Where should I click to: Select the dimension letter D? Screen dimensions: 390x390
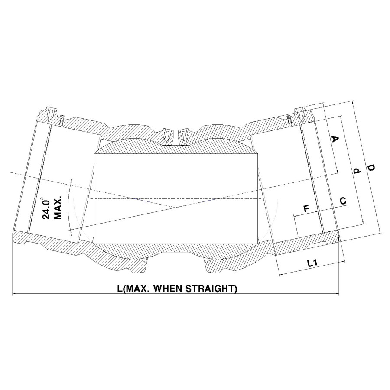click(371, 167)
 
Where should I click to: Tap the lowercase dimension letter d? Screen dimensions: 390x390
click(357, 171)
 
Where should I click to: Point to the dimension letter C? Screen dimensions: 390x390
click(343, 201)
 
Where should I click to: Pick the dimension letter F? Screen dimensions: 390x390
click(306, 209)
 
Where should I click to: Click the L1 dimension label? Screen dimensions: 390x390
click(312, 263)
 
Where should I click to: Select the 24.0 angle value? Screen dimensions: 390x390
click(46, 208)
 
